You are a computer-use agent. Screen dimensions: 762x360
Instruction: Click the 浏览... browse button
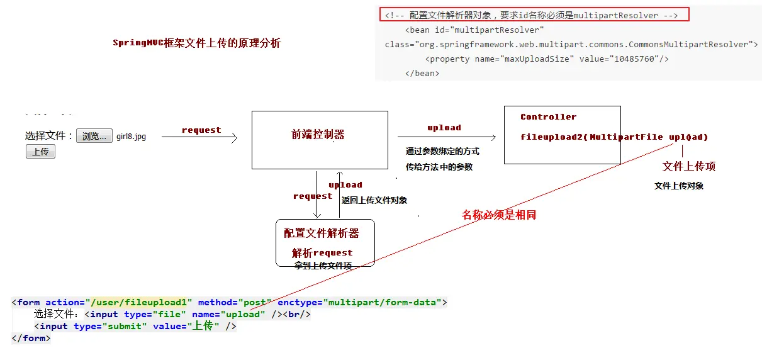pyautogui.click(x=94, y=136)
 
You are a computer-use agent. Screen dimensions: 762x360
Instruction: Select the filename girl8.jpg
pyautogui.click(x=131, y=137)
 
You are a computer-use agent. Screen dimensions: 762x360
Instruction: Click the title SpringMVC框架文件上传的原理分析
pyautogui.click(x=196, y=43)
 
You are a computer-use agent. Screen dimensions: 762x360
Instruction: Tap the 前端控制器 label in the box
pyautogui.click(x=318, y=135)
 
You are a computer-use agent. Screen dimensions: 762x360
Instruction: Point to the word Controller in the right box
pyautogui.click(x=548, y=117)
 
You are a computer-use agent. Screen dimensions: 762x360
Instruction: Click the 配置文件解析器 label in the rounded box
pyautogui.click(x=322, y=233)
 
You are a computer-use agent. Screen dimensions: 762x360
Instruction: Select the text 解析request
pyautogui.click(x=322, y=253)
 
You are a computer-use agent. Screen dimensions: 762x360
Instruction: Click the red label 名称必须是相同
pyautogui.click(x=499, y=215)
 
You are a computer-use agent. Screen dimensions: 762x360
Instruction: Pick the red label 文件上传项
pyautogui.click(x=689, y=167)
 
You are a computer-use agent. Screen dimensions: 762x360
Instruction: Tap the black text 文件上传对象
pyautogui.click(x=679, y=186)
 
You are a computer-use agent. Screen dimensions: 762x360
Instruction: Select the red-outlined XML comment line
pyautogui.click(x=534, y=15)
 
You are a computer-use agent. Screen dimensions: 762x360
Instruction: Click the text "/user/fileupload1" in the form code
pyautogui.click(x=142, y=302)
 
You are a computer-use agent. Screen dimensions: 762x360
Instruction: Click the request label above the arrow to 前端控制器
pyautogui.click(x=201, y=130)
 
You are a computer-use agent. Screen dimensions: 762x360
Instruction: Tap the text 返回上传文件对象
pyautogui.click(x=374, y=200)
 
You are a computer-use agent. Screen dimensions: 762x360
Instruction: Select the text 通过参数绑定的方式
pyautogui.click(x=442, y=152)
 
